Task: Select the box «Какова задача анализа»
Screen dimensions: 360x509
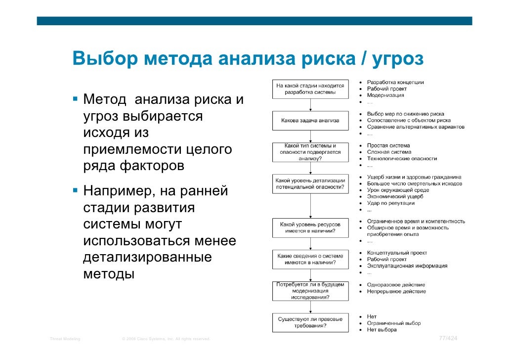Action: point(310,120)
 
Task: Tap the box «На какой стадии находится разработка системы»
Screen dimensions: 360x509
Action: point(310,89)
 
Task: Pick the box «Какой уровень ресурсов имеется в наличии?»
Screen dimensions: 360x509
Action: point(310,227)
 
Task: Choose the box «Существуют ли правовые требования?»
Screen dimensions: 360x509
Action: point(310,322)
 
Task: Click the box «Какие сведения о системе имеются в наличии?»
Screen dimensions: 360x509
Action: point(310,259)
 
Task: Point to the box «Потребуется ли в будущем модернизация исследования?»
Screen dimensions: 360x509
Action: point(310,291)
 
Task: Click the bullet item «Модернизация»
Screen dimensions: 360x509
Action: point(385,95)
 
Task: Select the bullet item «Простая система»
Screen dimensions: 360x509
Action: point(388,146)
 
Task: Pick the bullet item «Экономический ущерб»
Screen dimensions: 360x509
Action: point(395,197)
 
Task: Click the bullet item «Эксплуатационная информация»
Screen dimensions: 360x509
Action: point(407,266)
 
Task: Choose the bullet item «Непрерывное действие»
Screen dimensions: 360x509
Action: point(396,291)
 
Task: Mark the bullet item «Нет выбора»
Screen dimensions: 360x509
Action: point(382,329)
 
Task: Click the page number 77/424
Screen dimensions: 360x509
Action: point(448,338)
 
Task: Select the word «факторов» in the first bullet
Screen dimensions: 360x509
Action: point(151,166)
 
